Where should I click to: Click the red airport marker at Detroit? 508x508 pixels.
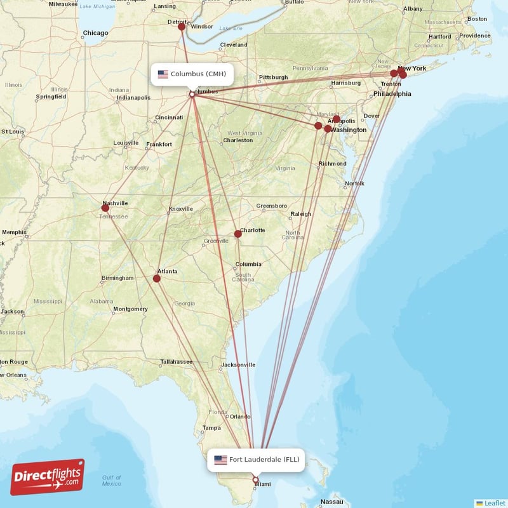point(182,27)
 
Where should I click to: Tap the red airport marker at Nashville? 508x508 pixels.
point(105,208)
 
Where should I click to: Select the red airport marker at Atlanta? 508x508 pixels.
point(157,278)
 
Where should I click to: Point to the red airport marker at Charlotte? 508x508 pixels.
point(238,234)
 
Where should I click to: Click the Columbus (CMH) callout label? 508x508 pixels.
point(192,74)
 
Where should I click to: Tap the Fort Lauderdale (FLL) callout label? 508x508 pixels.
point(256,460)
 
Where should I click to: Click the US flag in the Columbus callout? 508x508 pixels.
point(163,74)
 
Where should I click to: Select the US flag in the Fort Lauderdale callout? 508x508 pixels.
point(220,460)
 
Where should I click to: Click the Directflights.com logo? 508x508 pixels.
point(47,478)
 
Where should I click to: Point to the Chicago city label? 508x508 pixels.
point(95,32)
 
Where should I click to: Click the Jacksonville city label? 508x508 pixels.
point(238,365)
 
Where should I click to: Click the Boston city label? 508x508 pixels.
point(477,19)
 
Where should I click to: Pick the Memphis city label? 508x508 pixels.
point(14,232)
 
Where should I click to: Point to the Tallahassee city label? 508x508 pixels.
point(176,361)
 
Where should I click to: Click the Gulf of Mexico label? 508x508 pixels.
point(111,481)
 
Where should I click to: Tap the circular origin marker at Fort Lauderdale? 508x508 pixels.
point(256,480)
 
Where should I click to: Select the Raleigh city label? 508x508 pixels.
point(301,214)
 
